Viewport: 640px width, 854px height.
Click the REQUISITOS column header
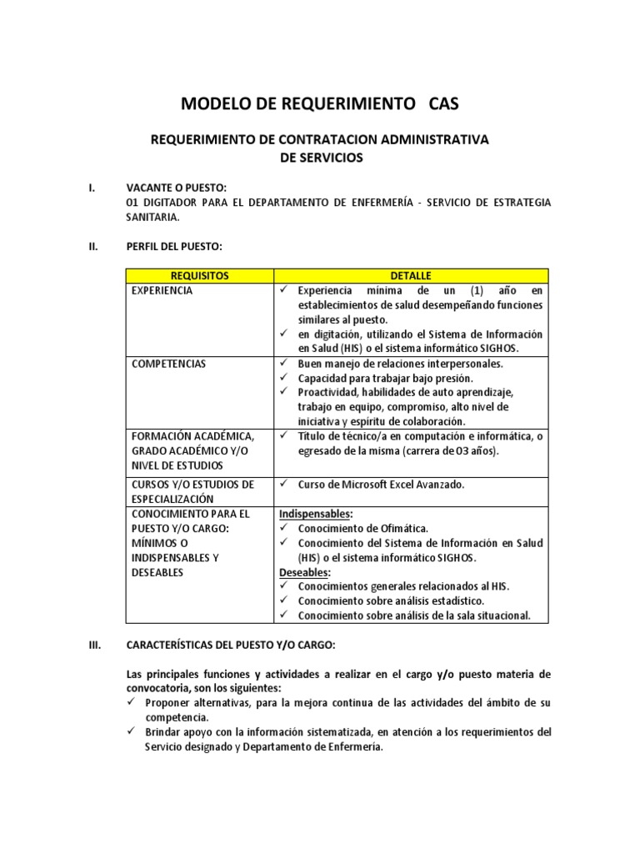pyautogui.click(x=199, y=275)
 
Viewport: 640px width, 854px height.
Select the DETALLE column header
pyautogui.click(x=411, y=275)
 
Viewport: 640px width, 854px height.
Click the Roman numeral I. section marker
pyautogui.click(x=92, y=188)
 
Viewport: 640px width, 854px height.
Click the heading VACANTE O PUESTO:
pyautogui.click(x=176, y=188)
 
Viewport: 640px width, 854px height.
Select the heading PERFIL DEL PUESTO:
pyautogui.click(x=174, y=246)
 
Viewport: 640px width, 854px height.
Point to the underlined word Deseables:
pyautogui.click(x=304, y=572)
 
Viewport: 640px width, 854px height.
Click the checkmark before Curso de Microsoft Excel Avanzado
pyautogui.click(x=284, y=485)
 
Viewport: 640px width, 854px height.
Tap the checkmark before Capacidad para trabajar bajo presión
pyautogui.click(x=284, y=378)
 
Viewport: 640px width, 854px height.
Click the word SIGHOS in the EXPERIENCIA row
pyautogui.click(x=497, y=348)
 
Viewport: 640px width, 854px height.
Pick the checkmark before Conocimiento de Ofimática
pyautogui.click(x=284, y=529)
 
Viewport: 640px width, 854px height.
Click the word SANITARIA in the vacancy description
pyautogui.click(x=151, y=217)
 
